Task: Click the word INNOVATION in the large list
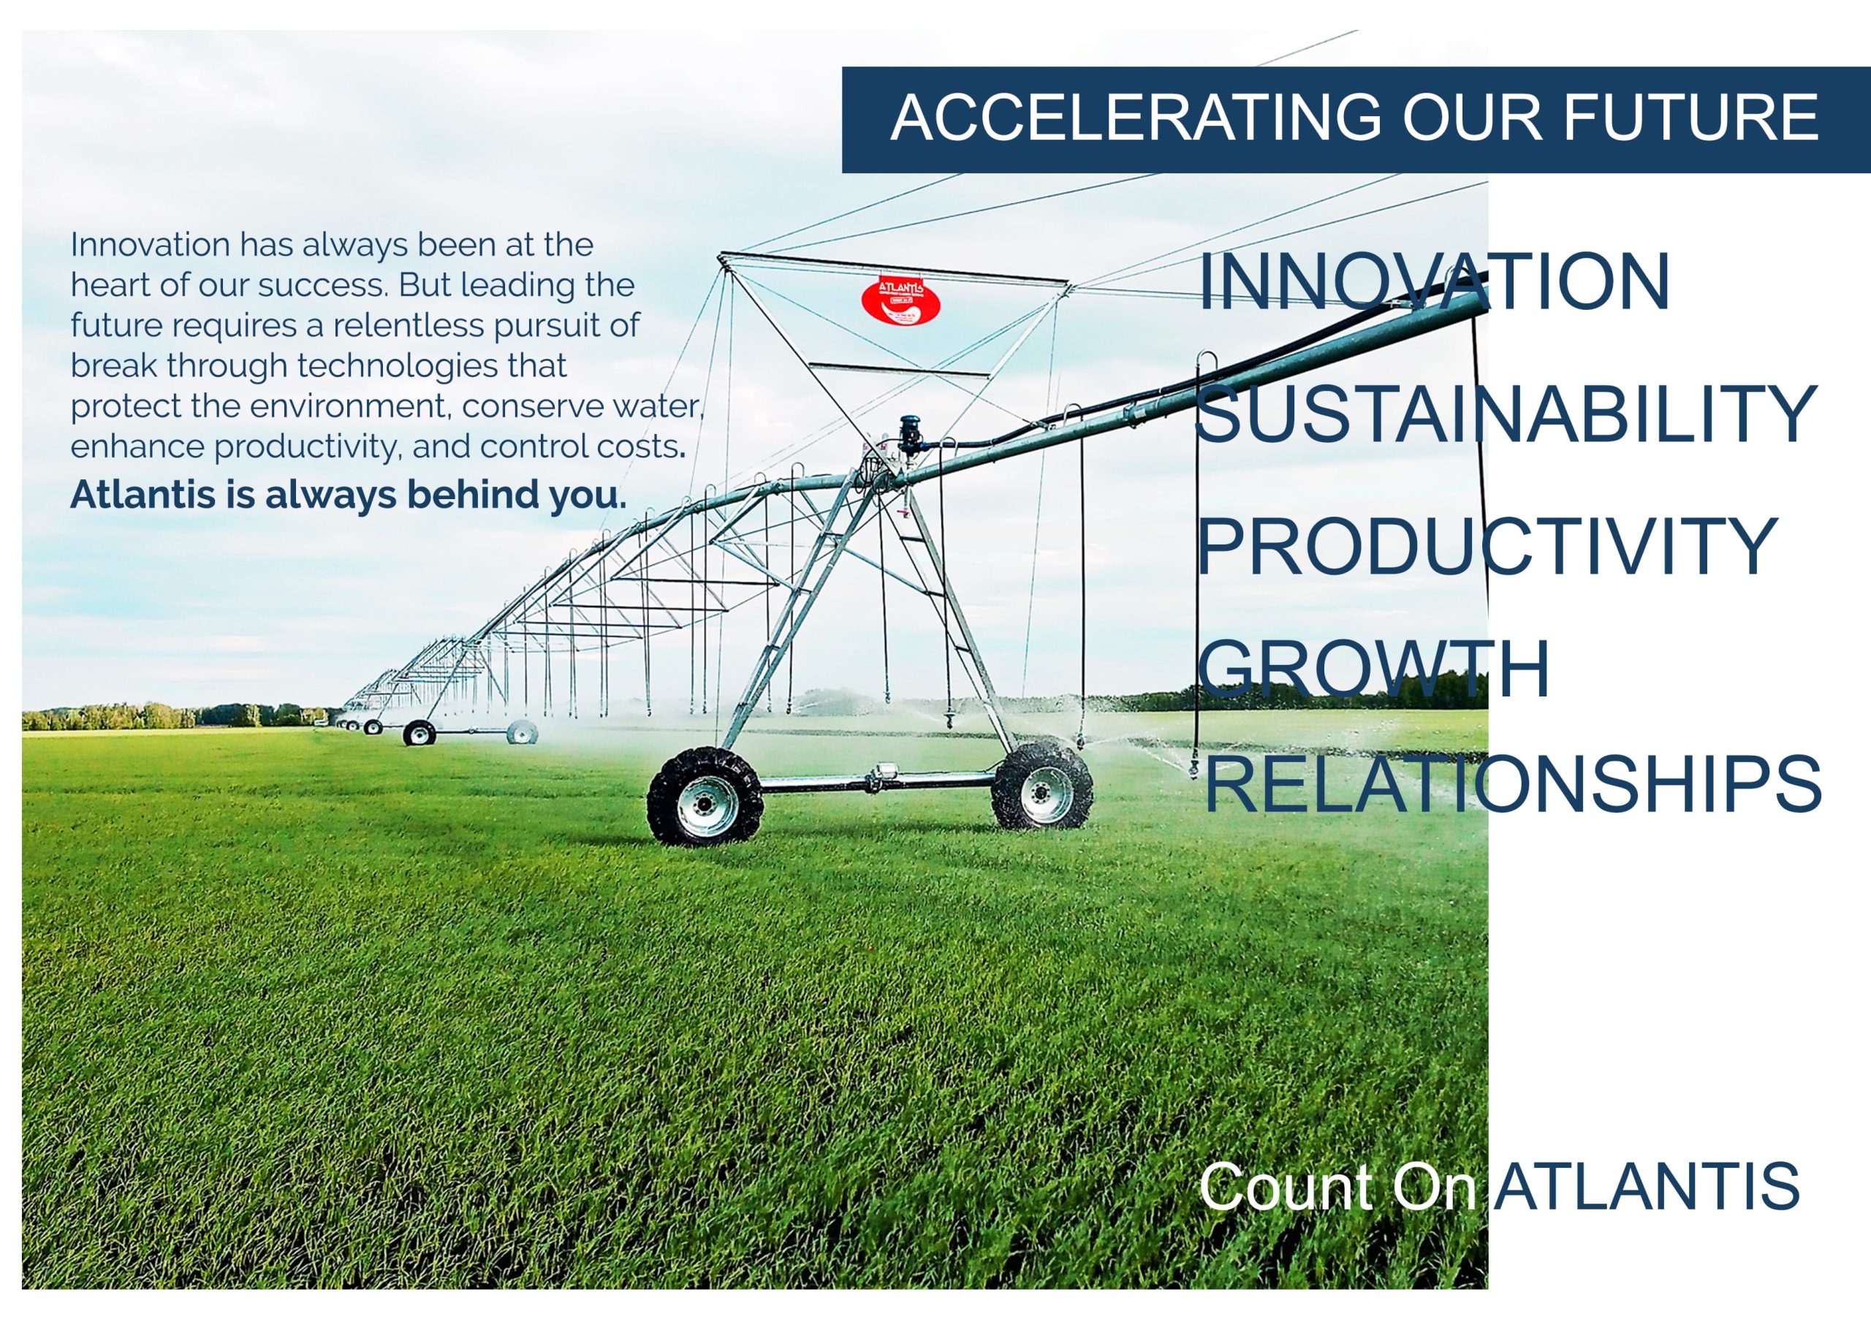(1434, 282)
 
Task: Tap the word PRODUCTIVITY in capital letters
(1487, 545)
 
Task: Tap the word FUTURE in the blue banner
(1690, 118)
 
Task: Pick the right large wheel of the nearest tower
(1042, 784)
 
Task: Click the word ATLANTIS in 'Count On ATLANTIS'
(1647, 1187)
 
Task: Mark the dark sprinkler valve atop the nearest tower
(909, 436)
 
